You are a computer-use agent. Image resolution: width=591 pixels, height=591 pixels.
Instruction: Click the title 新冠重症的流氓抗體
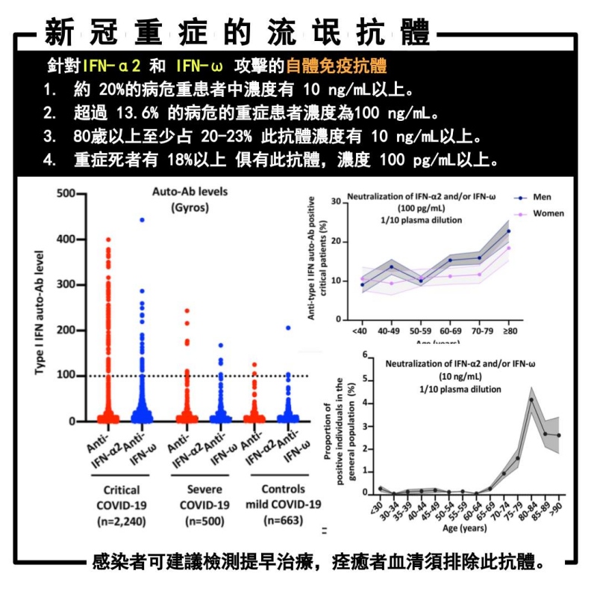click(237, 34)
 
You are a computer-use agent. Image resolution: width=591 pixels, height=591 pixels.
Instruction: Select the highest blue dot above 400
click(141, 220)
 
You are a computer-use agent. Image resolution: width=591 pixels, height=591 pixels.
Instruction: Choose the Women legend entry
click(547, 213)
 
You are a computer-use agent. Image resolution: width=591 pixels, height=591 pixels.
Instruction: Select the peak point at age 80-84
click(531, 400)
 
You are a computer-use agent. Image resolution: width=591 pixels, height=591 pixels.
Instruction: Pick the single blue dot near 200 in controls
click(287, 328)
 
